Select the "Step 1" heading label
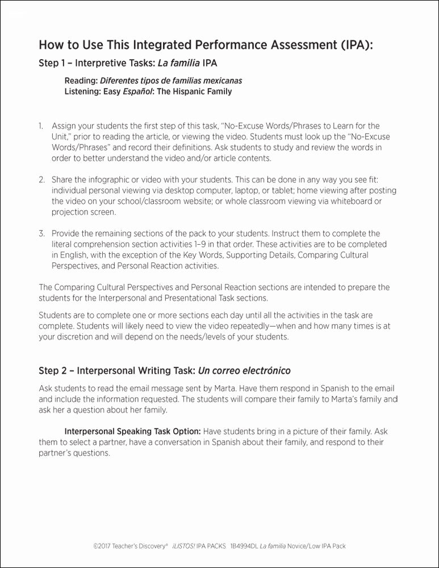54,62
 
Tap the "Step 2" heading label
54,371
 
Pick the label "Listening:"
82,91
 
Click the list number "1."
41,126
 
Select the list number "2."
41,179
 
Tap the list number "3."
41,233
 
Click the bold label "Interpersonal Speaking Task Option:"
132,432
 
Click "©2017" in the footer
102,546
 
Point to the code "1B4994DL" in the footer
243,546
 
